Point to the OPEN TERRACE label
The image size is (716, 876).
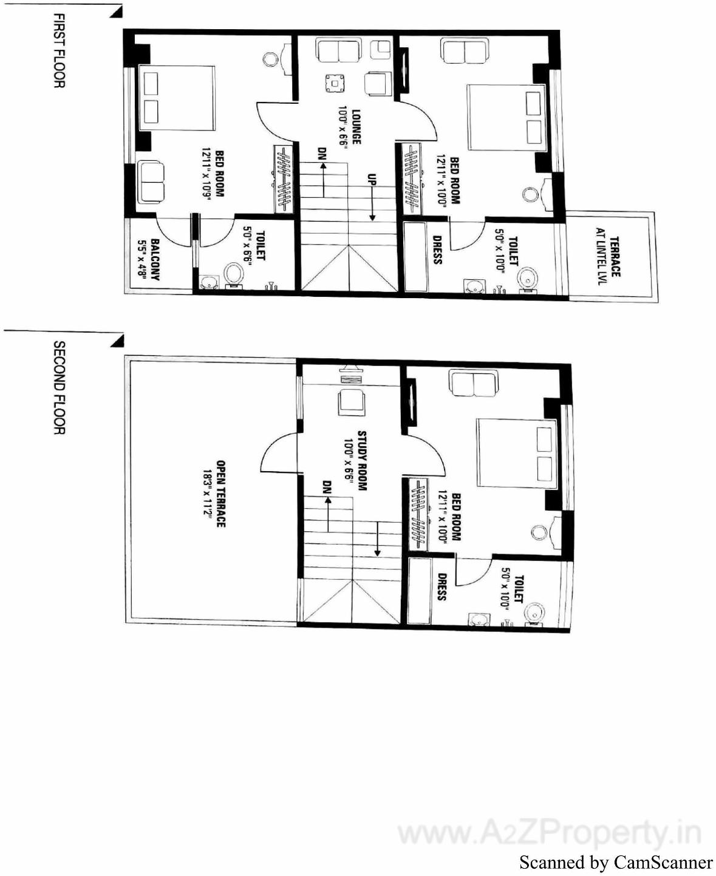point(220,494)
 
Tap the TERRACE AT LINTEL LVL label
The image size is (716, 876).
point(609,257)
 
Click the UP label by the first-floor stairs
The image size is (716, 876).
point(371,180)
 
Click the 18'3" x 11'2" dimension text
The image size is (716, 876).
point(207,494)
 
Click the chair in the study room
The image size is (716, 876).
point(351,401)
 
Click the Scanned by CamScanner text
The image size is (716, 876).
point(616,862)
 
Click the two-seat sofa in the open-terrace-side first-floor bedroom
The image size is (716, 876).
point(150,182)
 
